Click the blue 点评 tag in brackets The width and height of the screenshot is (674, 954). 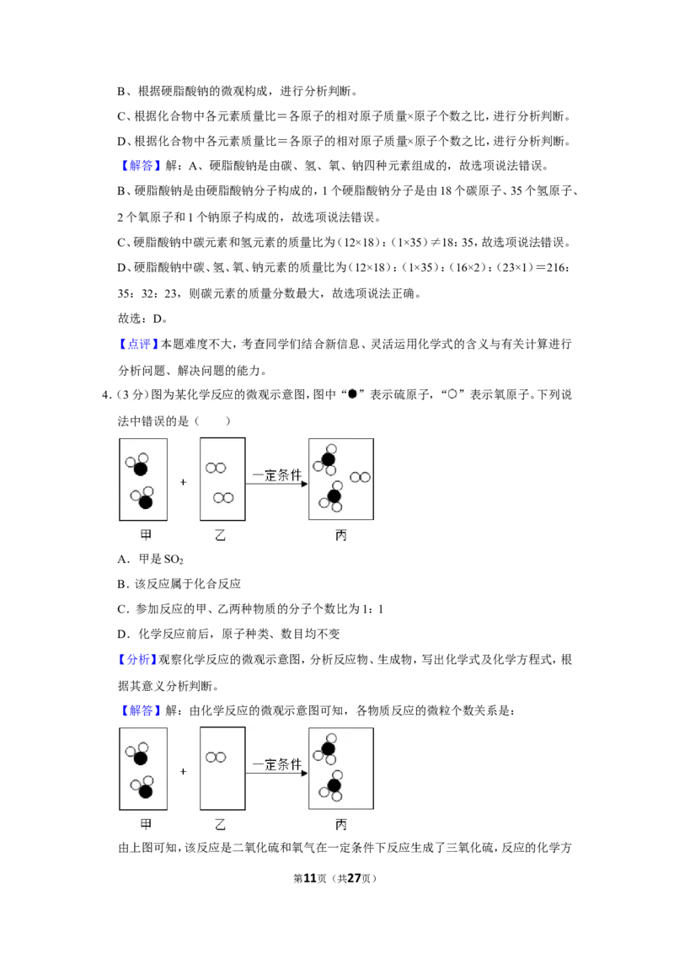138,345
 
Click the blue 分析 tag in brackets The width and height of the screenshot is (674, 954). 138,660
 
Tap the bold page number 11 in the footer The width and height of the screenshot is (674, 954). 310,878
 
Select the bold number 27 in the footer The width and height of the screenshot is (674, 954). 353,878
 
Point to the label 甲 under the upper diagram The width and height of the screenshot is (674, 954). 146,535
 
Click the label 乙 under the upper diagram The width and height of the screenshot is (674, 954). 220,535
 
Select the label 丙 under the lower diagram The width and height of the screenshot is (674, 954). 340,824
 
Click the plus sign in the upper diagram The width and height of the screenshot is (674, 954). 183,482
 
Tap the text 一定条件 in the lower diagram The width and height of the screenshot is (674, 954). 277,764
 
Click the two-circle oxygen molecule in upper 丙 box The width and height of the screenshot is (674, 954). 360,478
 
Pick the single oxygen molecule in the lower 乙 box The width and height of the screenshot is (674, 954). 216,758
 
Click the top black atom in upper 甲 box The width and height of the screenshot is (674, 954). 141,469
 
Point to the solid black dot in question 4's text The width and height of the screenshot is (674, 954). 352,395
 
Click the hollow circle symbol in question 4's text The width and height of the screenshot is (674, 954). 452,395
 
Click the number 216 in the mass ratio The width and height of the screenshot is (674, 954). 556,268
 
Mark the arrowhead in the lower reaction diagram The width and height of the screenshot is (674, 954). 305,774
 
